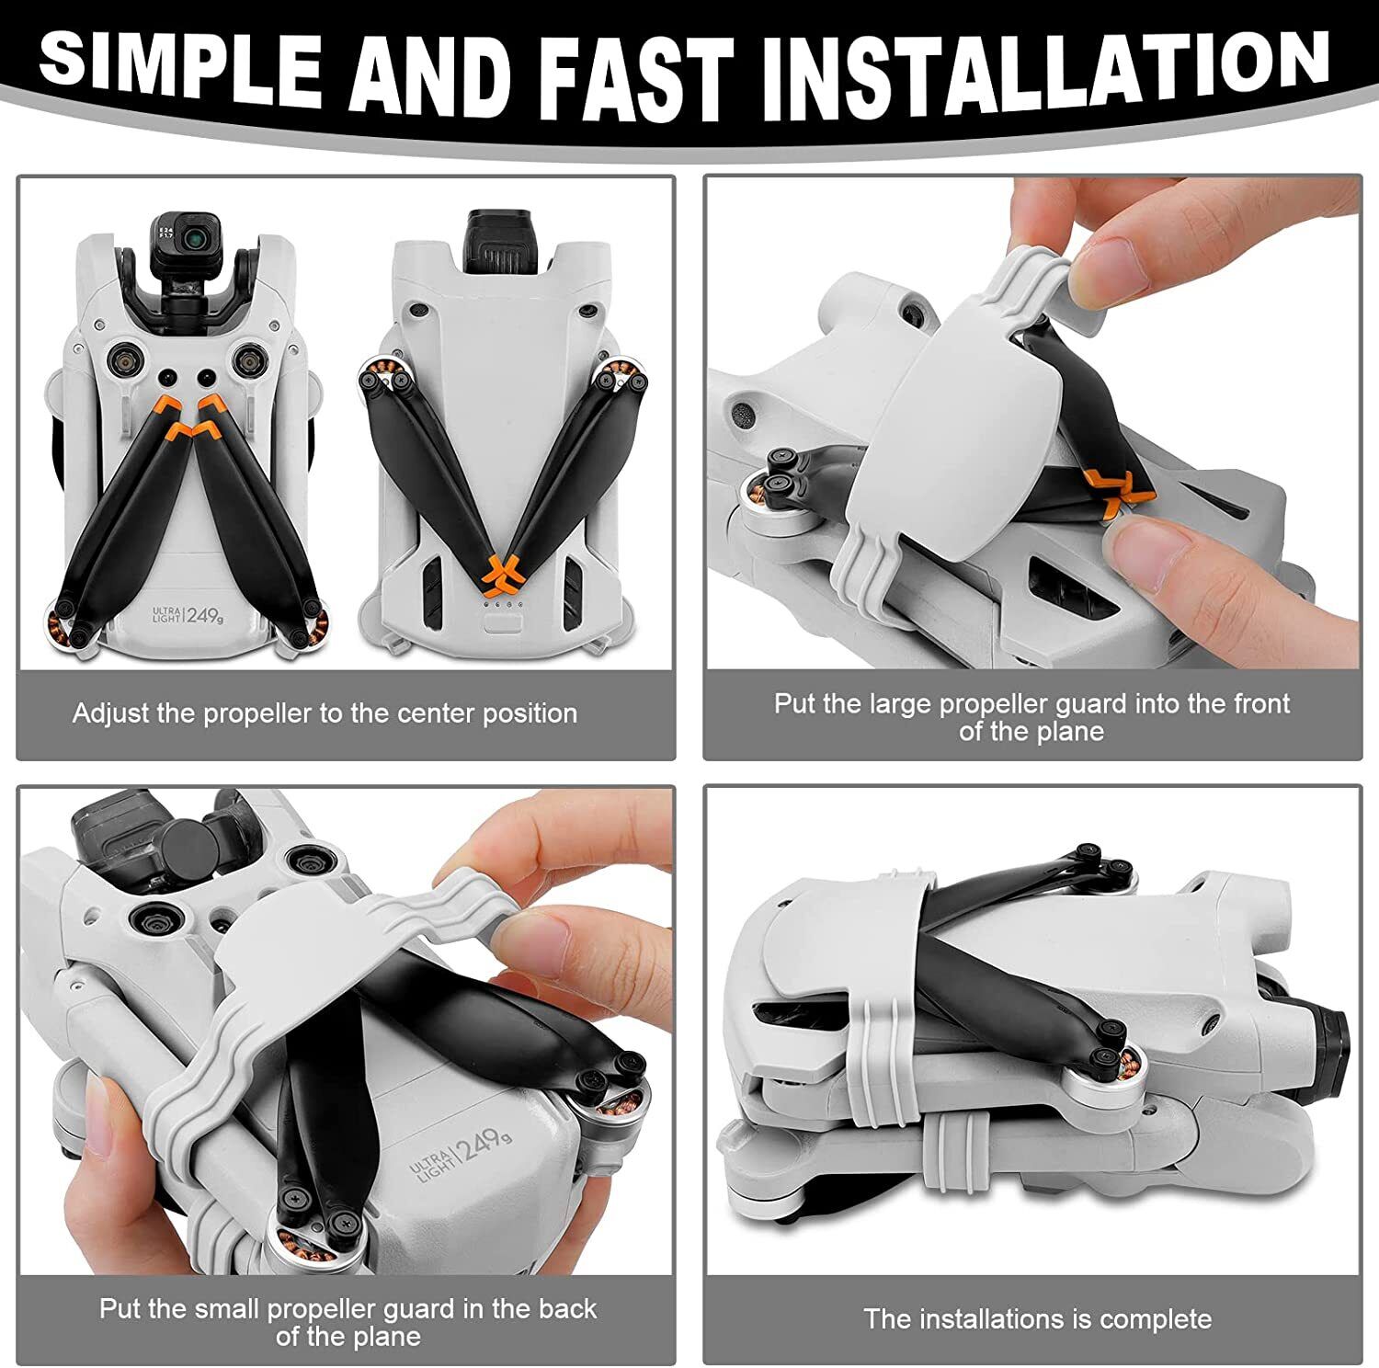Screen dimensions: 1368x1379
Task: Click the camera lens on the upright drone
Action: pyautogui.click(x=193, y=237)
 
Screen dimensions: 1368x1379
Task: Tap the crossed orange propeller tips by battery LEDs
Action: pyautogui.click(x=499, y=571)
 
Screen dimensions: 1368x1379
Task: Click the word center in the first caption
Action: pyautogui.click(x=427, y=713)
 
